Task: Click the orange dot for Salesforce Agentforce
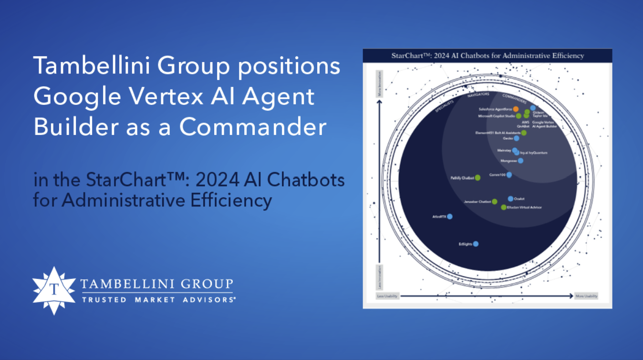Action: [x=516, y=109]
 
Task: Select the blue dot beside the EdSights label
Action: [x=476, y=244]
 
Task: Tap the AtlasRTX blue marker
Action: [x=449, y=216]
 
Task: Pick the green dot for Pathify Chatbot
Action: [x=477, y=178]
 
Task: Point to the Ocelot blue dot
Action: [x=510, y=198]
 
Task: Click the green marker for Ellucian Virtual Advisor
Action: [x=504, y=207]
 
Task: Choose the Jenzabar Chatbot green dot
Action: [x=495, y=202]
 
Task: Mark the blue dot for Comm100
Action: [x=509, y=175]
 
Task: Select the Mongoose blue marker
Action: [x=520, y=161]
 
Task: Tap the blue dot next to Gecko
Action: [x=517, y=138]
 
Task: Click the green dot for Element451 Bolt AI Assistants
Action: [x=524, y=133]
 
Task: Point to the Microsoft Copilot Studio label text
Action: [x=496, y=116]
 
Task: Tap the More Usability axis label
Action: [x=586, y=296]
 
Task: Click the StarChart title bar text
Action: [x=487, y=56]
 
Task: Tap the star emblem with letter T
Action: [x=54, y=290]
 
